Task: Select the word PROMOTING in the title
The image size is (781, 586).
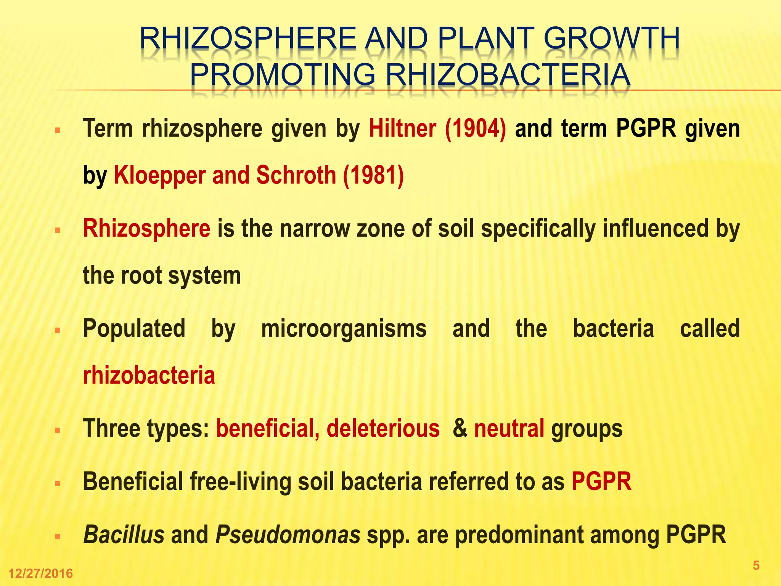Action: click(x=283, y=74)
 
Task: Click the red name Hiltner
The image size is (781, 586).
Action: click(x=402, y=129)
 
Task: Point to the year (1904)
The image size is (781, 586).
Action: click(x=476, y=129)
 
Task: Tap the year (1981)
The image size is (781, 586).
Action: click(x=373, y=175)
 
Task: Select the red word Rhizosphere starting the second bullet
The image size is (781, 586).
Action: click(x=146, y=229)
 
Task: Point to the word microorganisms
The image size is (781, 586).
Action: click(x=344, y=328)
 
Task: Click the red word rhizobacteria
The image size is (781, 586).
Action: click(x=149, y=375)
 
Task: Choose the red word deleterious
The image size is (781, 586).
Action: click(x=383, y=428)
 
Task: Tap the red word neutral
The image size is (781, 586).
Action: click(x=509, y=428)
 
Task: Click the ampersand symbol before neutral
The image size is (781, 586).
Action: click(x=460, y=428)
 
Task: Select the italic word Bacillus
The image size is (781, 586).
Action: click(x=124, y=534)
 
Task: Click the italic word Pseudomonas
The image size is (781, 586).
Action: click(x=288, y=534)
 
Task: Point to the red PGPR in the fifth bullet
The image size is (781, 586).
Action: click(x=601, y=481)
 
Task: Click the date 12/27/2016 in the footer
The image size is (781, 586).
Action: click(x=40, y=573)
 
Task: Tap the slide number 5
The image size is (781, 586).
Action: click(x=756, y=565)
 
